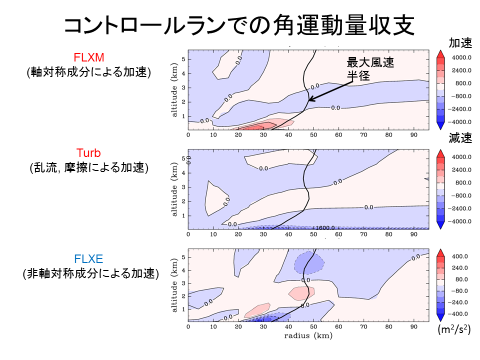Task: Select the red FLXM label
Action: coord(89,57)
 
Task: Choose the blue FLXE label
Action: coord(88,259)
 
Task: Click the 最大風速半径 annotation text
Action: coord(370,69)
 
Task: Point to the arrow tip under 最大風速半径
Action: coord(309,100)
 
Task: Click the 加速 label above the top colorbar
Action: coord(460,43)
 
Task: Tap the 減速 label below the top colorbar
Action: coord(460,139)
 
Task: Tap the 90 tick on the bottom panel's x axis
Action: coord(413,326)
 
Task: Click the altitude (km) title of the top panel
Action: coord(174,90)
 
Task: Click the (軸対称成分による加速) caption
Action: coord(89,72)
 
